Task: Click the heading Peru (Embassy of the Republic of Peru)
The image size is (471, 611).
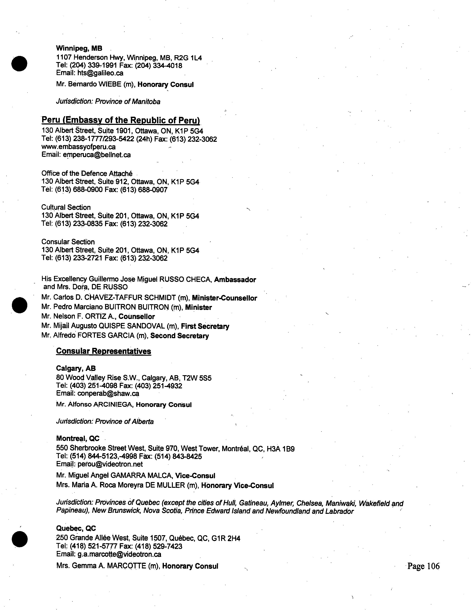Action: click(x=120, y=120)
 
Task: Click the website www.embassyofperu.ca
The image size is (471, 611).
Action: click(x=78, y=147)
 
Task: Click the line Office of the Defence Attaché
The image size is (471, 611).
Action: click(x=87, y=174)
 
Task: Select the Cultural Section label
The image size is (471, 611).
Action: click(x=66, y=208)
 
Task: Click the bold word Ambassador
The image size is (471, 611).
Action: click(x=235, y=280)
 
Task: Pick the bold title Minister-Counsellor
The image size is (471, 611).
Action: click(x=224, y=298)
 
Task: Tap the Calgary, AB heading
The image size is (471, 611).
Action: click(x=76, y=368)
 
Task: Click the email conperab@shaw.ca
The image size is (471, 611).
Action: click(x=108, y=394)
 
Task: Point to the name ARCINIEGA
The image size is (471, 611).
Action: click(x=112, y=405)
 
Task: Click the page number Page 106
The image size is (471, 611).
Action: click(x=423, y=566)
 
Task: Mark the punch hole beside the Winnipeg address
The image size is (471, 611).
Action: click(x=19, y=64)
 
